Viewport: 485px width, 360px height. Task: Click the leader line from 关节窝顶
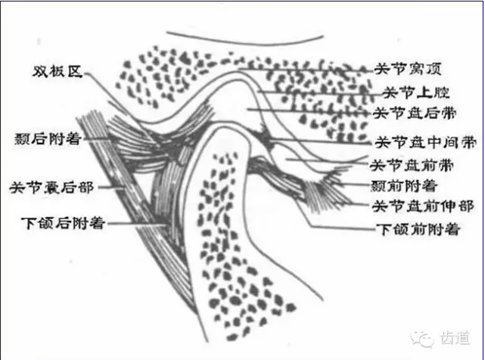tap(303, 69)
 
